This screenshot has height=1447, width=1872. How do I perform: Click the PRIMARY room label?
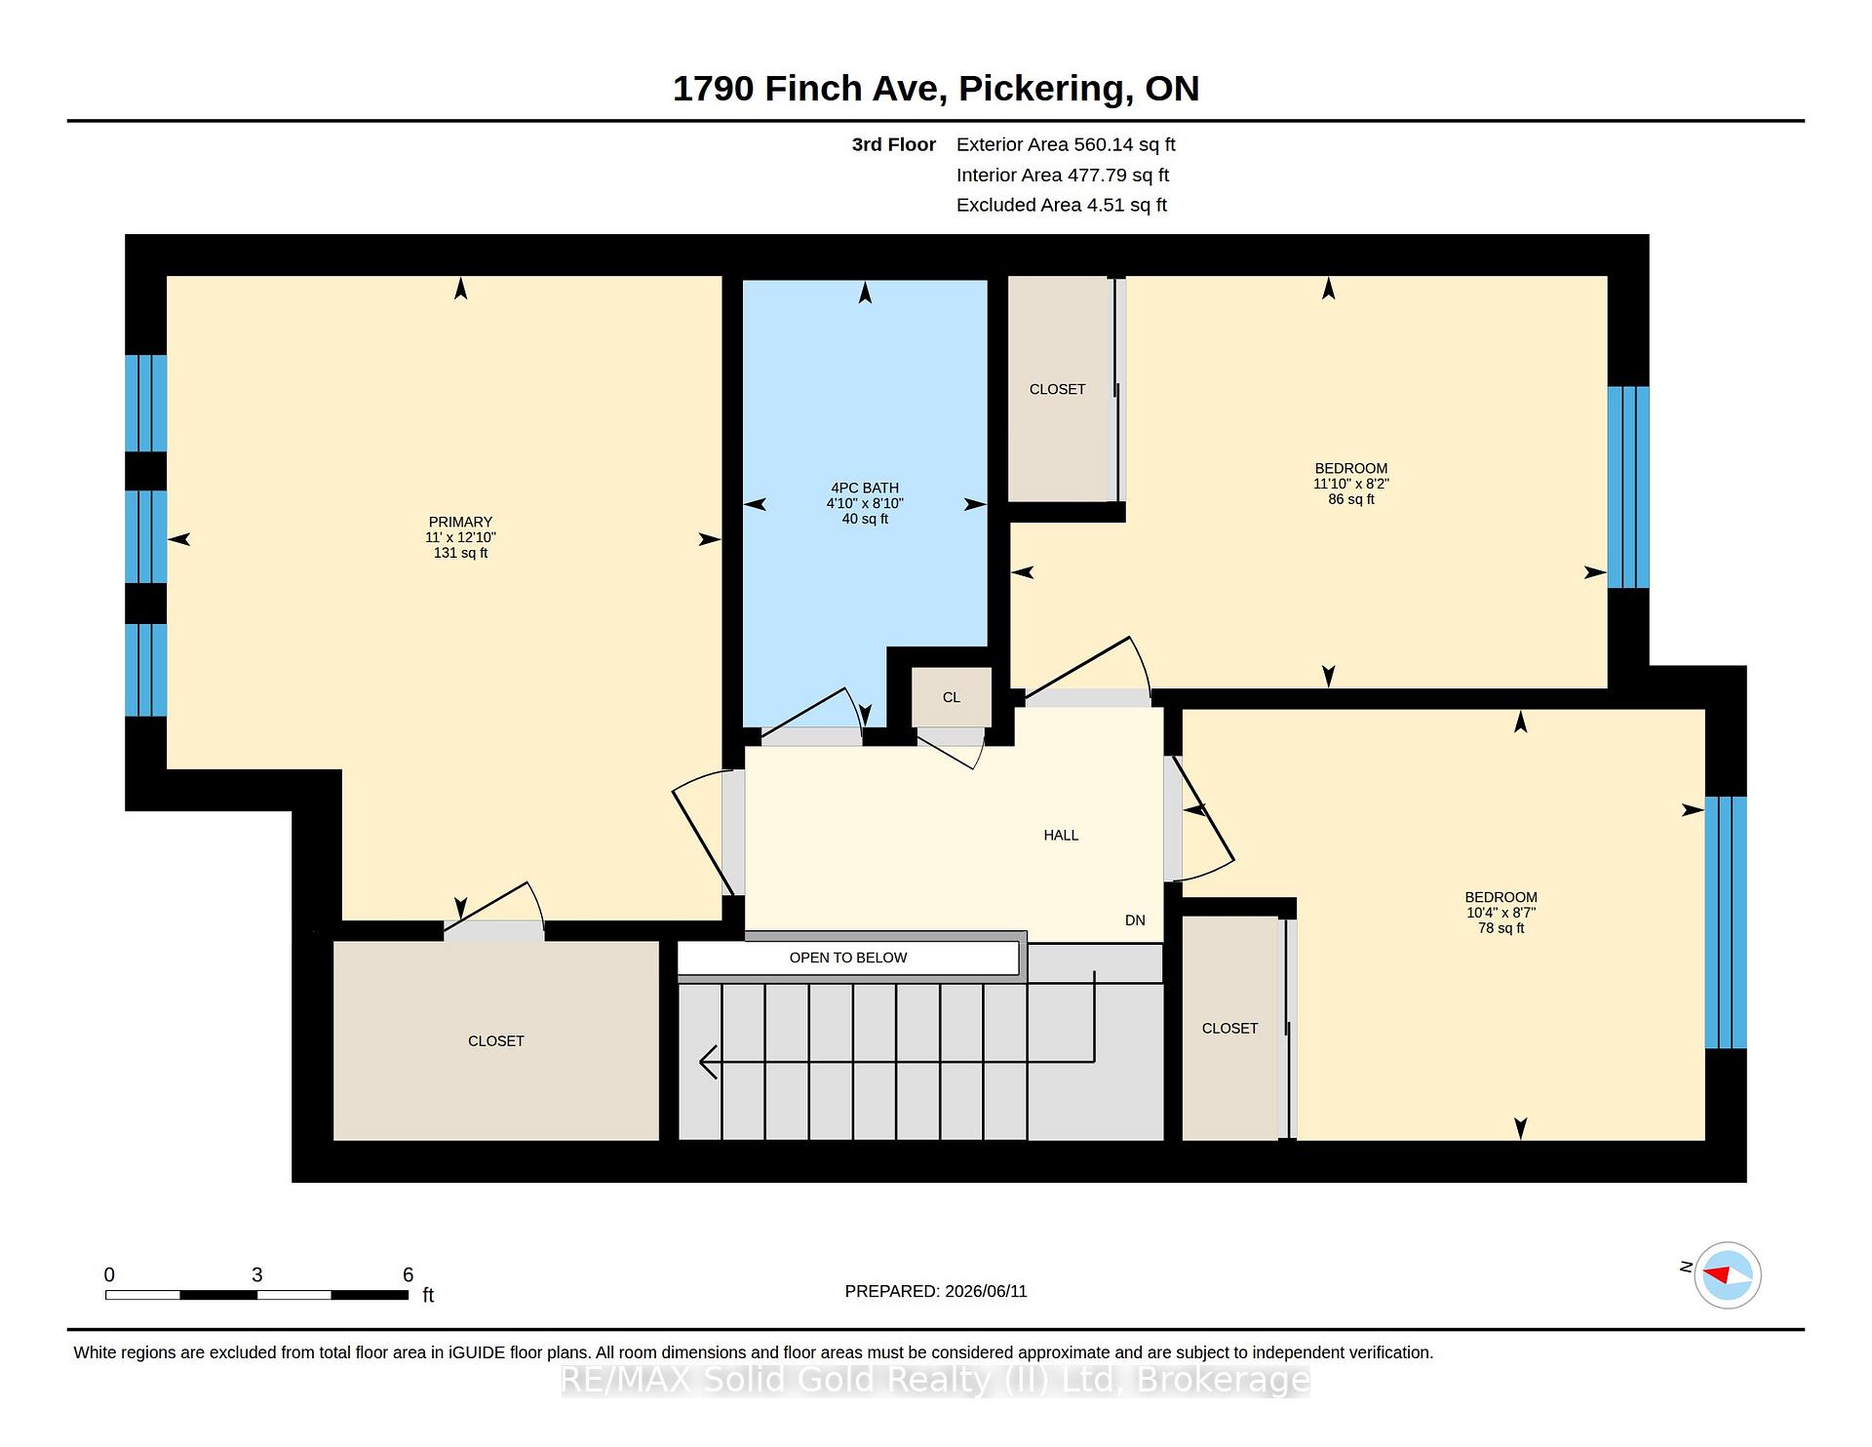coord(460,522)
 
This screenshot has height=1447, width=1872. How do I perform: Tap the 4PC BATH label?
coord(865,488)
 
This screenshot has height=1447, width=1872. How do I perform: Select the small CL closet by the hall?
coord(952,697)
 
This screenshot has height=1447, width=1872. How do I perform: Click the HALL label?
coord(1061,835)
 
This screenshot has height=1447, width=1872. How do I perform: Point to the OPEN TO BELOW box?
coord(848,958)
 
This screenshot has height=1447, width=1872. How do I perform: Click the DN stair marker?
coord(1135,920)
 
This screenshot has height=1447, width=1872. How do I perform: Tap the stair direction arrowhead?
coord(709,1061)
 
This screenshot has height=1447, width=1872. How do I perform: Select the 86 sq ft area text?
coord(1351,499)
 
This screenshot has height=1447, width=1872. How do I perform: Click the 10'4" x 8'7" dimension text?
coord(1501,913)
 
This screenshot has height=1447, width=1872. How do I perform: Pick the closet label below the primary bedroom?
coord(496,1041)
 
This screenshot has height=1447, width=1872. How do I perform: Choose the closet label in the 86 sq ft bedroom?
coord(1057,389)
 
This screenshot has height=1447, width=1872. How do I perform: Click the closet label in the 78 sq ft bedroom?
coord(1229,1029)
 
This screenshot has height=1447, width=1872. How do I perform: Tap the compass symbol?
coord(1728,1274)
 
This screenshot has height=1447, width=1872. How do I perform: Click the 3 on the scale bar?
coord(257,1274)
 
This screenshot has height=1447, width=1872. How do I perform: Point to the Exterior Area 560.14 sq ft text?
coord(1066,144)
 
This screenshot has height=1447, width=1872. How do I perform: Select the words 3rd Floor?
coord(894,144)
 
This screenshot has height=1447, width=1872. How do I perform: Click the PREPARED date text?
coord(936,1291)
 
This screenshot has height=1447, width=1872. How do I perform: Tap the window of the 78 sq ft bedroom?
coord(1726,922)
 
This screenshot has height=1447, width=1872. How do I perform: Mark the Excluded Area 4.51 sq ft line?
coord(1062,205)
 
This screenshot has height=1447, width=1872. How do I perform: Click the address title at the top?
coord(936,89)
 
